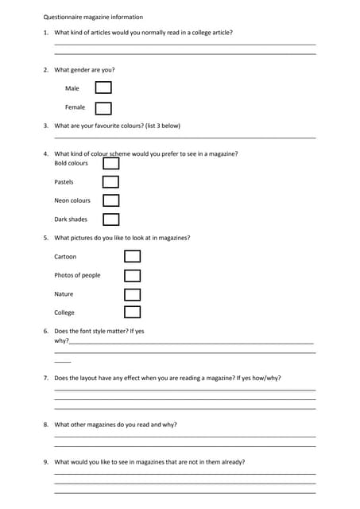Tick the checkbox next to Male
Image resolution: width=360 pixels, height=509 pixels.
tap(103, 88)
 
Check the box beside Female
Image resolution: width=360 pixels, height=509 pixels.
tap(103, 107)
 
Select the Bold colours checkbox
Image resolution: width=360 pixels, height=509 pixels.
tap(111, 163)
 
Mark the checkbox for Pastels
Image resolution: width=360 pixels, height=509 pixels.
tap(111, 182)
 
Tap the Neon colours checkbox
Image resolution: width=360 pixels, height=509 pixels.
tap(111, 200)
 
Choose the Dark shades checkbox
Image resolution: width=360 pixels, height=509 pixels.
tap(111, 220)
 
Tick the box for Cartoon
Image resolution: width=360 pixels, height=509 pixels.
tap(133, 256)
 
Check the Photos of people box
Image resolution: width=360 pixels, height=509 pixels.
tap(133, 275)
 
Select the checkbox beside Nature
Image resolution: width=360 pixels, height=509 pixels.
tap(133, 294)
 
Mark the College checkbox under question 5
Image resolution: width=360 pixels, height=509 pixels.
tap(133, 313)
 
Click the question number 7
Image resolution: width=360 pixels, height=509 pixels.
tap(46, 379)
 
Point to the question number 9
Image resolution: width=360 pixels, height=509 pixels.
tap(46, 462)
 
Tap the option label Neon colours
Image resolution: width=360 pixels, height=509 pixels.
tap(72, 200)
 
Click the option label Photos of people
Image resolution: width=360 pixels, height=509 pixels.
tap(77, 275)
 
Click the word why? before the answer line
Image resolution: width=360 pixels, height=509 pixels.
tap(61, 340)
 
